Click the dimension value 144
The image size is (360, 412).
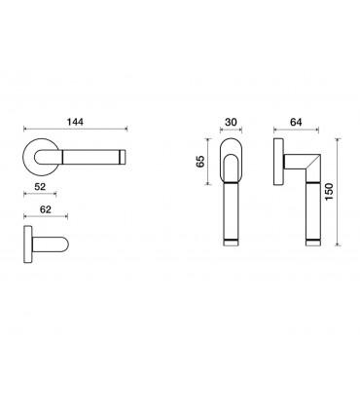[75, 122]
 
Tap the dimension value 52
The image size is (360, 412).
[40, 187]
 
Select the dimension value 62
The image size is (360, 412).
[46, 209]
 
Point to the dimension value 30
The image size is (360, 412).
[231, 122]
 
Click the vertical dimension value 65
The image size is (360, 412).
[201, 162]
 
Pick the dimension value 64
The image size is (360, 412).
[296, 122]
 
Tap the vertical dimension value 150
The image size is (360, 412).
[329, 192]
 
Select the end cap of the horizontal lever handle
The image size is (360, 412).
[123, 156]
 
